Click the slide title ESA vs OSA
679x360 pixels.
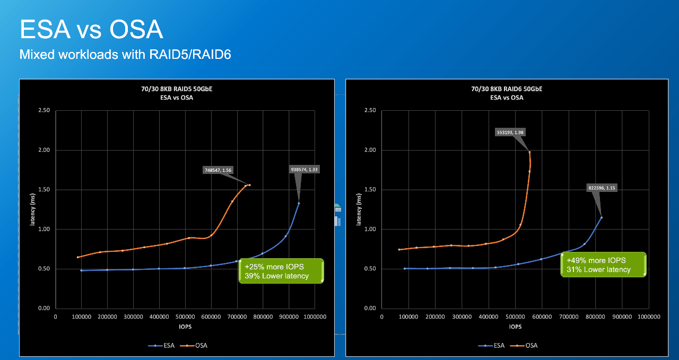(91, 30)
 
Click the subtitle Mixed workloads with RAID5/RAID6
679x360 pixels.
(125, 54)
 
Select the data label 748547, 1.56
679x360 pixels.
(218, 170)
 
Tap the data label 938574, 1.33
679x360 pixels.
(305, 169)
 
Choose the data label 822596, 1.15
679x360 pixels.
(602, 187)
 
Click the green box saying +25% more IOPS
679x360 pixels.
(281, 271)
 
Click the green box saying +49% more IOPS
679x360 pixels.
(603, 265)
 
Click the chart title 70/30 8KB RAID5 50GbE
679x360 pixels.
(177, 89)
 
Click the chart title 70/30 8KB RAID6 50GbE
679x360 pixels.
(507, 89)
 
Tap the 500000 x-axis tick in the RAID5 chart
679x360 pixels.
(185, 317)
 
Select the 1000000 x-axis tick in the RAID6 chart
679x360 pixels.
(648, 317)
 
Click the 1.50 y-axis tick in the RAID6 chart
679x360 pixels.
(370, 190)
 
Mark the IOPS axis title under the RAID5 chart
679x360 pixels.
(185, 327)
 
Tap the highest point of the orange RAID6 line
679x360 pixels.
(529, 152)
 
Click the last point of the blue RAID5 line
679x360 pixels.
(299, 203)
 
